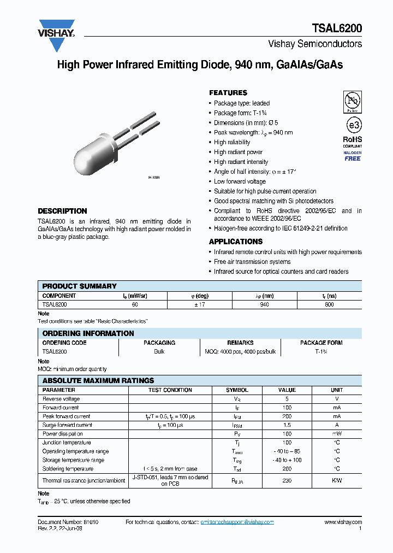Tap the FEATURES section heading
point(228,93)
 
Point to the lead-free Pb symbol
point(352,101)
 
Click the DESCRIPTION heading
point(62,211)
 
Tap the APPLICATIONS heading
point(236,242)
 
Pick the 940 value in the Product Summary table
point(265,304)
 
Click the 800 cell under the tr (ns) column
point(329,304)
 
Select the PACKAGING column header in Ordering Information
point(159,343)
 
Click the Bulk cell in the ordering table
point(159,351)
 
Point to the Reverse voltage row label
point(61,399)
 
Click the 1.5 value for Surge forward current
point(287,425)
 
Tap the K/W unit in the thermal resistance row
point(337,480)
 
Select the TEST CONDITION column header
point(170,390)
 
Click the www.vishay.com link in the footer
point(343,522)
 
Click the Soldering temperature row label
point(68,469)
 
